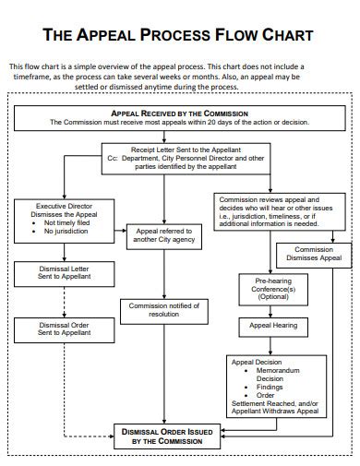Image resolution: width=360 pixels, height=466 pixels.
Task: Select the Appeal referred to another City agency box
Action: [163, 234]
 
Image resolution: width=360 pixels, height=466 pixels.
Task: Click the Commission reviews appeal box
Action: [269, 210]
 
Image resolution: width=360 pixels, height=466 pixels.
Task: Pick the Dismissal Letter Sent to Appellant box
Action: [54, 273]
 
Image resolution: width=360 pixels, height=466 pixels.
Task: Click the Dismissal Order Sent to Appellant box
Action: [54, 328]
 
